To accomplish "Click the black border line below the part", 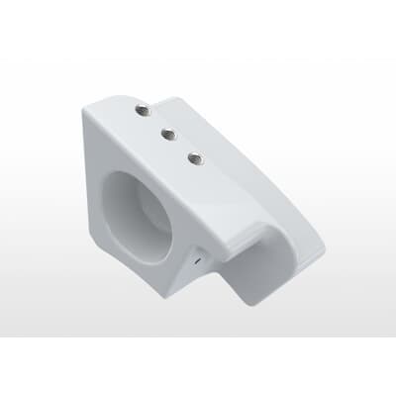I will (x=198, y=337).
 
